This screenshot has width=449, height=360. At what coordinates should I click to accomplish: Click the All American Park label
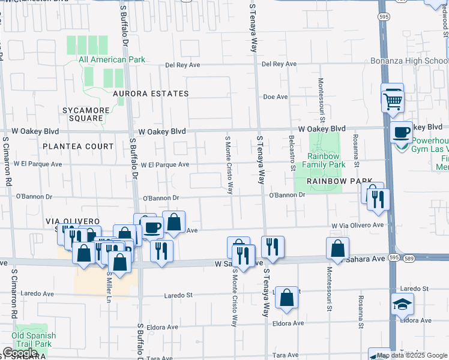click(x=111, y=59)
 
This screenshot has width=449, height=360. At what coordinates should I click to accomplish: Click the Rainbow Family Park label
click(x=324, y=160)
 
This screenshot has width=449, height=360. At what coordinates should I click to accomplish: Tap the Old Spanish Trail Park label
click(x=34, y=340)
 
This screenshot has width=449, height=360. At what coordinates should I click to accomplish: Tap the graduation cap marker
click(x=402, y=305)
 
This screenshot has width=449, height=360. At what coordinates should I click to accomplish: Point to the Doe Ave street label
click(x=276, y=97)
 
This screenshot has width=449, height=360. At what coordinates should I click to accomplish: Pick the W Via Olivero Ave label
click(x=357, y=225)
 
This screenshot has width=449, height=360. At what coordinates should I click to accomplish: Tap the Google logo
click(x=20, y=353)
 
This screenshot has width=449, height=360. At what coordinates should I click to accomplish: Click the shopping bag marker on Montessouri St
click(x=338, y=249)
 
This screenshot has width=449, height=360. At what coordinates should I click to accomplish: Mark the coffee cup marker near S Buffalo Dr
click(x=152, y=227)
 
